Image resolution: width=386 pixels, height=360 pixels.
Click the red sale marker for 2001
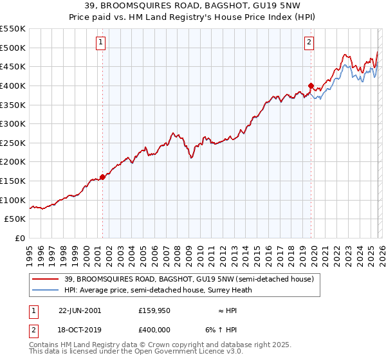coord(102,177)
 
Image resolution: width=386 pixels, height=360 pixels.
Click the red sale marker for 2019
coord(311,85)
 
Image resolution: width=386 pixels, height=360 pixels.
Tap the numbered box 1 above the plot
coord(102,43)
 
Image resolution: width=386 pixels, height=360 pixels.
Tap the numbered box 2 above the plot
coord(309,43)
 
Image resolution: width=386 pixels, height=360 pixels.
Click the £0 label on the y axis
coord(21,238)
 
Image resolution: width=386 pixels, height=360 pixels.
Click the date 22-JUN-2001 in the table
coord(79,310)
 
